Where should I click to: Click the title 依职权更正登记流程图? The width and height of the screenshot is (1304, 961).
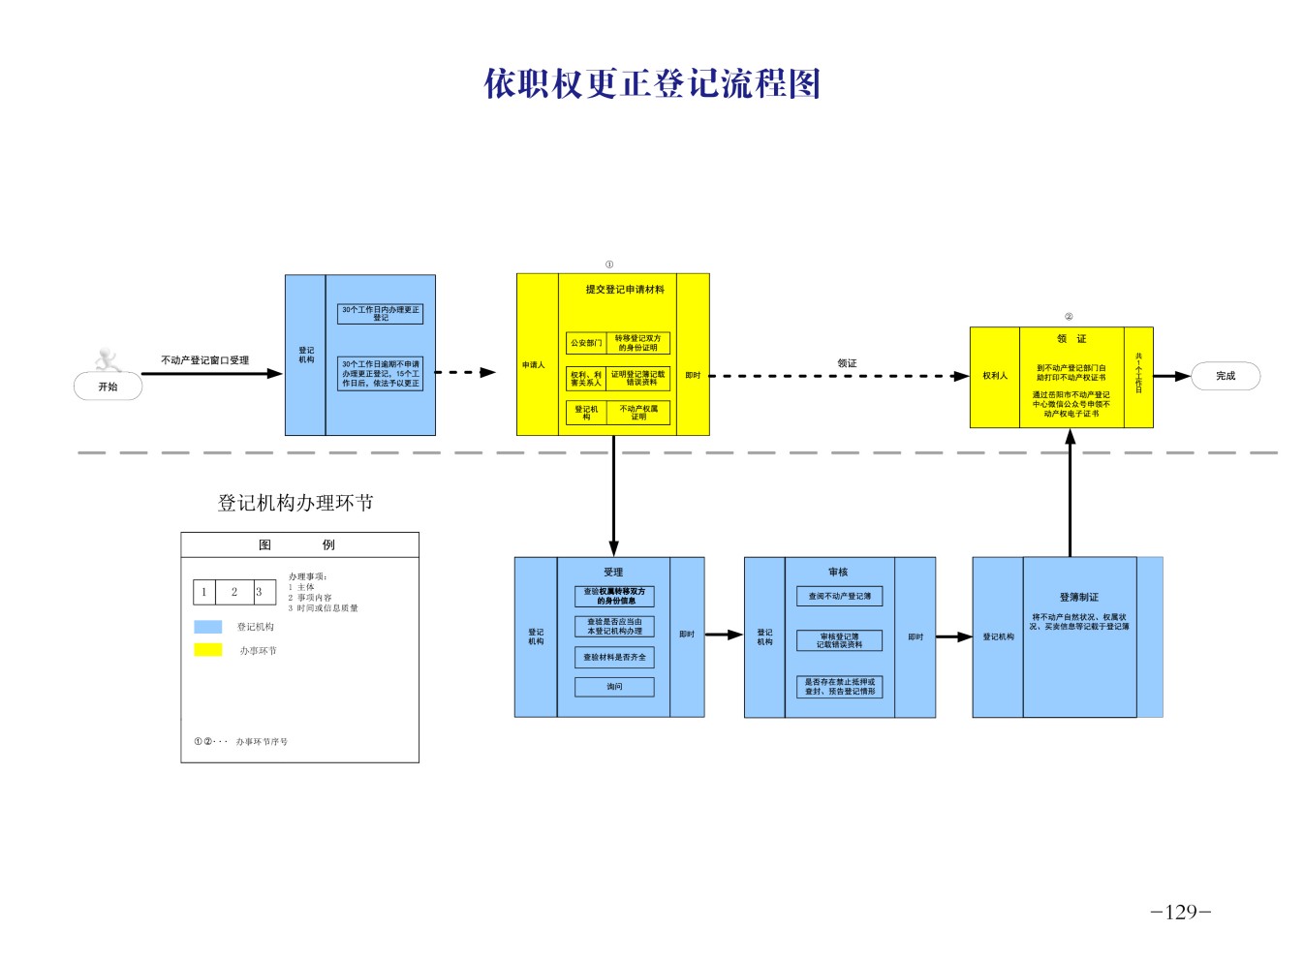[652, 84]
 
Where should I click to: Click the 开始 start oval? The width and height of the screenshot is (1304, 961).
[108, 387]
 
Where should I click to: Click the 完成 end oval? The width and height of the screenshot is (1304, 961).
[1226, 376]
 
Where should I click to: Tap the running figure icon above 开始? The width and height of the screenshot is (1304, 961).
[108, 360]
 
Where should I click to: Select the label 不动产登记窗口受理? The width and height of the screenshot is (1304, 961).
[204, 360]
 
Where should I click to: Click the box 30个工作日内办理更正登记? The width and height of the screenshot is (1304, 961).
[380, 314]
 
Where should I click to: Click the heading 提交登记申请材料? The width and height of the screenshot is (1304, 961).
[625, 290]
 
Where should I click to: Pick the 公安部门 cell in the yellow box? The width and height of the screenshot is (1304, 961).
[586, 343]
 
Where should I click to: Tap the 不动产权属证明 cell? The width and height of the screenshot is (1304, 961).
[638, 413]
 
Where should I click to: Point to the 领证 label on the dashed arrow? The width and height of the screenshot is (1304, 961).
[847, 363]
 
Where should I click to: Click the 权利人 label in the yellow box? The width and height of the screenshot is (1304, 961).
[995, 376]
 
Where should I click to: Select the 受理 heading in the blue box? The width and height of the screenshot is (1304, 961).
[613, 573]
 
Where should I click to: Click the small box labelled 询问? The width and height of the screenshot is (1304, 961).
[614, 687]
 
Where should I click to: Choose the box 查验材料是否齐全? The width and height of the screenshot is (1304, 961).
[614, 657]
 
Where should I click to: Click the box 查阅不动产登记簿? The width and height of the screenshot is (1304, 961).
[839, 597]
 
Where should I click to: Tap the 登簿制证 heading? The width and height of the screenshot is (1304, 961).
[1078, 597]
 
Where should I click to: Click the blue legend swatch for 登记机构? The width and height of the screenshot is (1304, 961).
[207, 627]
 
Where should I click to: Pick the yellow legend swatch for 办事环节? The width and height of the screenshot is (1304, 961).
[207, 650]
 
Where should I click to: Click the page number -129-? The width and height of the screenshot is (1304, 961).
[1180, 912]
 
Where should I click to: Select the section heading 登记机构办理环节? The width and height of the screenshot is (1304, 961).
[295, 503]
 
